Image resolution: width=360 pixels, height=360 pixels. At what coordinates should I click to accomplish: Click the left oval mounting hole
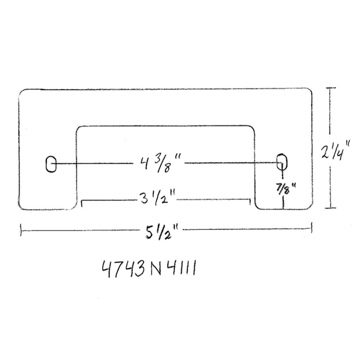click(50, 164)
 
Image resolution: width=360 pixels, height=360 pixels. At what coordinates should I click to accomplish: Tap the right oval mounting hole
click(281, 161)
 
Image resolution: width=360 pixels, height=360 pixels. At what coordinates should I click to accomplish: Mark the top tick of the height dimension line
click(332, 89)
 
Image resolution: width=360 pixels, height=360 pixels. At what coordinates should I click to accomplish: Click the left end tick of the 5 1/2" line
click(21, 230)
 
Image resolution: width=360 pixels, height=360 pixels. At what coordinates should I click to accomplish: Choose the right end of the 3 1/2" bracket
click(249, 202)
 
